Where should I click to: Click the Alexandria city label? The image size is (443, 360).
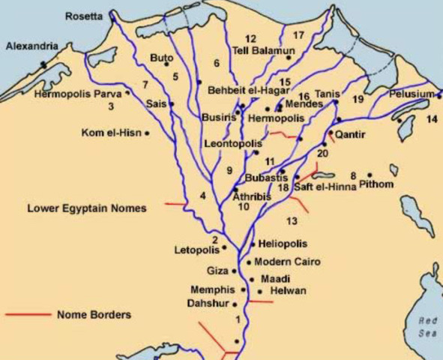pyautogui.click(x=31, y=46)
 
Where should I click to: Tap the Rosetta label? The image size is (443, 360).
pyautogui.click(x=83, y=16)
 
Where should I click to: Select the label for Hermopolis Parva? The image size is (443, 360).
pyautogui.click(x=78, y=94)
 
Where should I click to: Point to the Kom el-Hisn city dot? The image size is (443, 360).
pyautogui.click(x=148, y=133)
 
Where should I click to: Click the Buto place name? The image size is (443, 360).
pyautogui.click(x=161, y=57)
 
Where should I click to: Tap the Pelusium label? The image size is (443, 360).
pyautogui.click(x=411, y=94)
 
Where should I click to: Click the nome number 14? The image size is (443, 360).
pyautogui.click(x=431, y=119)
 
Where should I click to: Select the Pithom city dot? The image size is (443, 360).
pyautogui.click(x=370, y=175)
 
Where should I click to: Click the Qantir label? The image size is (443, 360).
pyautogui.click(x=350, y=135)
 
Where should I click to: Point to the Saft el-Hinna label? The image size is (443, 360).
pyautogui.click(x=325, y=187)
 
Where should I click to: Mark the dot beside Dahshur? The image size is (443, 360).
pyautogui.click(x=235, y=304)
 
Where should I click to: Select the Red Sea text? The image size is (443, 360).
pyautogui.click(x=428, y=326)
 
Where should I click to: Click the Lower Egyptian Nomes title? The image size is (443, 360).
pyautogui.click(x=87, y=208)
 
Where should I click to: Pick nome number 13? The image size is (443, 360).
pyautogui.click(x=292, y=220)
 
